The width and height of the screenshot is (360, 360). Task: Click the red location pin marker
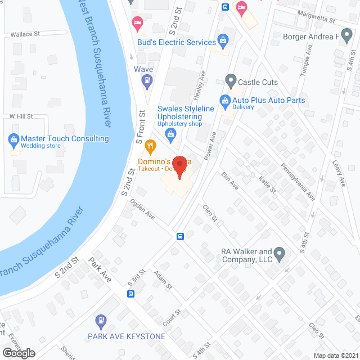point(179,167)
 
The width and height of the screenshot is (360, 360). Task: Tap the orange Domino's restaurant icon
point(150,147)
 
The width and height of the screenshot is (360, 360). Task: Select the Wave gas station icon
point(147,81)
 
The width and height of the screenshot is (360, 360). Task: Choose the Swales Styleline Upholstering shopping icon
point(172,134)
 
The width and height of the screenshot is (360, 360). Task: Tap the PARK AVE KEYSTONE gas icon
point(100,321)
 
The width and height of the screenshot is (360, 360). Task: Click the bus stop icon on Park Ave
point(130,293)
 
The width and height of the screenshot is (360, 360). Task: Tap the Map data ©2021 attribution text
point(336,355)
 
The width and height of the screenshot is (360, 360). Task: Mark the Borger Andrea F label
point(312,37)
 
